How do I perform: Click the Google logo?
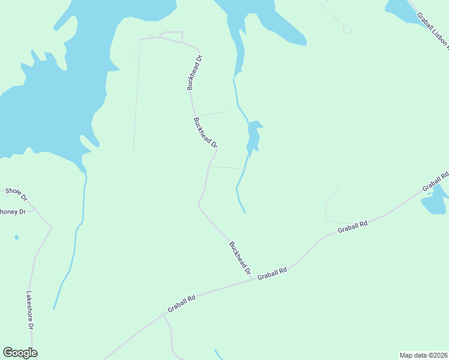(20, 353)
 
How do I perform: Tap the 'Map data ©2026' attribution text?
(423, 355)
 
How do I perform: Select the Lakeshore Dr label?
(29, 310)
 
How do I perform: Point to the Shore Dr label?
(16, 194)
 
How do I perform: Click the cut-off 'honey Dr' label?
(13, 212)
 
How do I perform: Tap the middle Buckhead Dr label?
(205, 133)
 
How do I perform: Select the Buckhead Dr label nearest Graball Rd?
(240, 258)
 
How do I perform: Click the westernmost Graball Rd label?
(182, 302)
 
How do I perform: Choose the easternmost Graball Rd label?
(435, 182)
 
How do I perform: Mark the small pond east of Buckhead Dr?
(254, 137)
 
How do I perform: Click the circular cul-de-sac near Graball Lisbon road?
(347, 29)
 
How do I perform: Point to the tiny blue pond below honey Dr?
(16, 238)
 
